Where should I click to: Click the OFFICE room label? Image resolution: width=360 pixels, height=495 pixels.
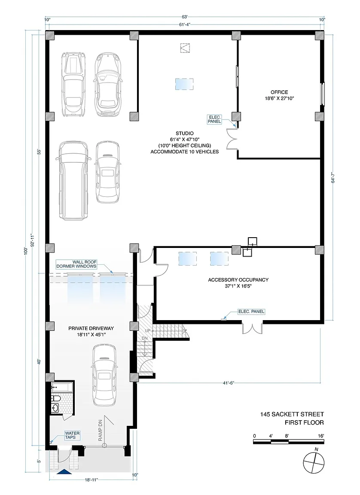(279, 92)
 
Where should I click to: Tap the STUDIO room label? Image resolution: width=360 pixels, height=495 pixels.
(185, 134)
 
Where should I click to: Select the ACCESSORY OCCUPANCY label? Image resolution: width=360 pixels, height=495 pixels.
(238, 280)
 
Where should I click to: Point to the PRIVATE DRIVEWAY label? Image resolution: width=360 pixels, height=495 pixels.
(91, 328)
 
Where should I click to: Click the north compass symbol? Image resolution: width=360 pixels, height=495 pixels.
(314, 462)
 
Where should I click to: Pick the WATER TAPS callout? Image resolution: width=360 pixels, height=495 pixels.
(72, 435)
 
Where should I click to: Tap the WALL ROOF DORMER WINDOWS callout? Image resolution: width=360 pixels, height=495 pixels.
(76, 264)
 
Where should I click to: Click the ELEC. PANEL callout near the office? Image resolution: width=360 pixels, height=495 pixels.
(214, 119)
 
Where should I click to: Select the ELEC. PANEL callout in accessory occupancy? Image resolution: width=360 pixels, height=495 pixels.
(251, 312)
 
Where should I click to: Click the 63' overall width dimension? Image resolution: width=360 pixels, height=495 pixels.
(185, 17)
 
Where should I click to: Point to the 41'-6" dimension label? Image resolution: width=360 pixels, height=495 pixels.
(229, 383)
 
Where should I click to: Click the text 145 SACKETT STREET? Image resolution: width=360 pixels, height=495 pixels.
(292, 415)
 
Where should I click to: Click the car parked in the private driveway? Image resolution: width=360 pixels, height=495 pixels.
(104, 375)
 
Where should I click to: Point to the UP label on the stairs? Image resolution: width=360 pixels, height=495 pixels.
(148, 330)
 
